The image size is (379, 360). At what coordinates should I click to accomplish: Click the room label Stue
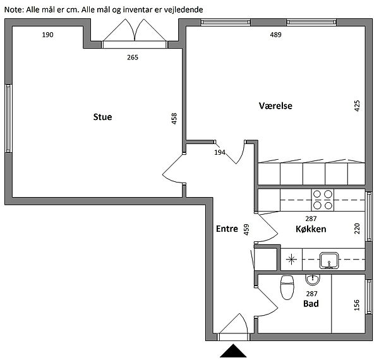point(102,117)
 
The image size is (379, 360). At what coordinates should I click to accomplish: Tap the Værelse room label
point(275,106)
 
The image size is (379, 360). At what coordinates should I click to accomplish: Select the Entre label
point(227,229)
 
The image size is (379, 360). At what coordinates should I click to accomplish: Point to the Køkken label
point(311,229)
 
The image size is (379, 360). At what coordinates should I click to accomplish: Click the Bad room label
point(311,303)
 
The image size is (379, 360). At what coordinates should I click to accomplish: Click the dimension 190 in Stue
point(47,35)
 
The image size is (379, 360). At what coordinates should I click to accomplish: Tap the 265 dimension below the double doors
point(133,57)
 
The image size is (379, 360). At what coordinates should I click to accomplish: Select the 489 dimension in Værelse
point(276,35)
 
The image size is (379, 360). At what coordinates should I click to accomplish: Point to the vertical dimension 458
point(174,119)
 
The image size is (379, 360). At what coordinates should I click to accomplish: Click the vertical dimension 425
point(357,106)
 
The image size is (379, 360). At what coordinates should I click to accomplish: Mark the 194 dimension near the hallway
point(220,152)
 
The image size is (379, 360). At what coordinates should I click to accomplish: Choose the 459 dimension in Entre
point(246,230)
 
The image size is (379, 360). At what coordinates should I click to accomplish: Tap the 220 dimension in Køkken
point(357,229)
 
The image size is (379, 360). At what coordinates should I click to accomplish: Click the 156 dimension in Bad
point(357,305)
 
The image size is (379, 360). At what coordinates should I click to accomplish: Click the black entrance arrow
point(233,351)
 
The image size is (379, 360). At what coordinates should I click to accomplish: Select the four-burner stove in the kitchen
point(322,200)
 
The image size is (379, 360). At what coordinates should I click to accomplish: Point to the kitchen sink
point(329,260)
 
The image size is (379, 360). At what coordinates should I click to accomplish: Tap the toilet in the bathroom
point(287,287)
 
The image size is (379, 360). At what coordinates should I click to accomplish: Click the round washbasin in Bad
point(313,280)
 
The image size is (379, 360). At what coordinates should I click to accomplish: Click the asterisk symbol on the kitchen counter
point(291,260)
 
